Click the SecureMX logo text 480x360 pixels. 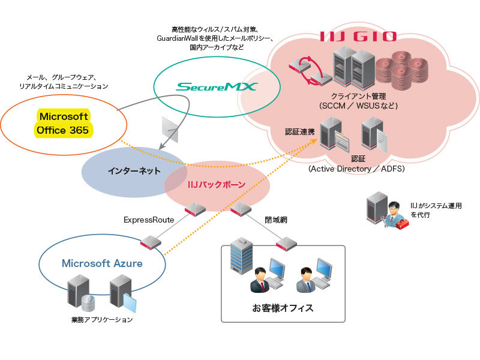(x=217, y=87)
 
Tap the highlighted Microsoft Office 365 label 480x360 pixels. (x=64, y=123)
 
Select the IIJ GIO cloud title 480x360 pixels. (x=358, y=36)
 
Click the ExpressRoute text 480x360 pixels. (x=149, y=220)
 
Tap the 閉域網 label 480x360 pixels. (x=276, y=220)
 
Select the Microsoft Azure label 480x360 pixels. (x=102, y=263)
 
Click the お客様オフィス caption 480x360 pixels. (x=283, y=309)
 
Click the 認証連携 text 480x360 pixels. (x=301, y=131)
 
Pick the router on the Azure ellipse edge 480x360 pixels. (x=151, y=242)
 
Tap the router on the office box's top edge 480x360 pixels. (x=287, y=244)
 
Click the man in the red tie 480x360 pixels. (x=261, y=280)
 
